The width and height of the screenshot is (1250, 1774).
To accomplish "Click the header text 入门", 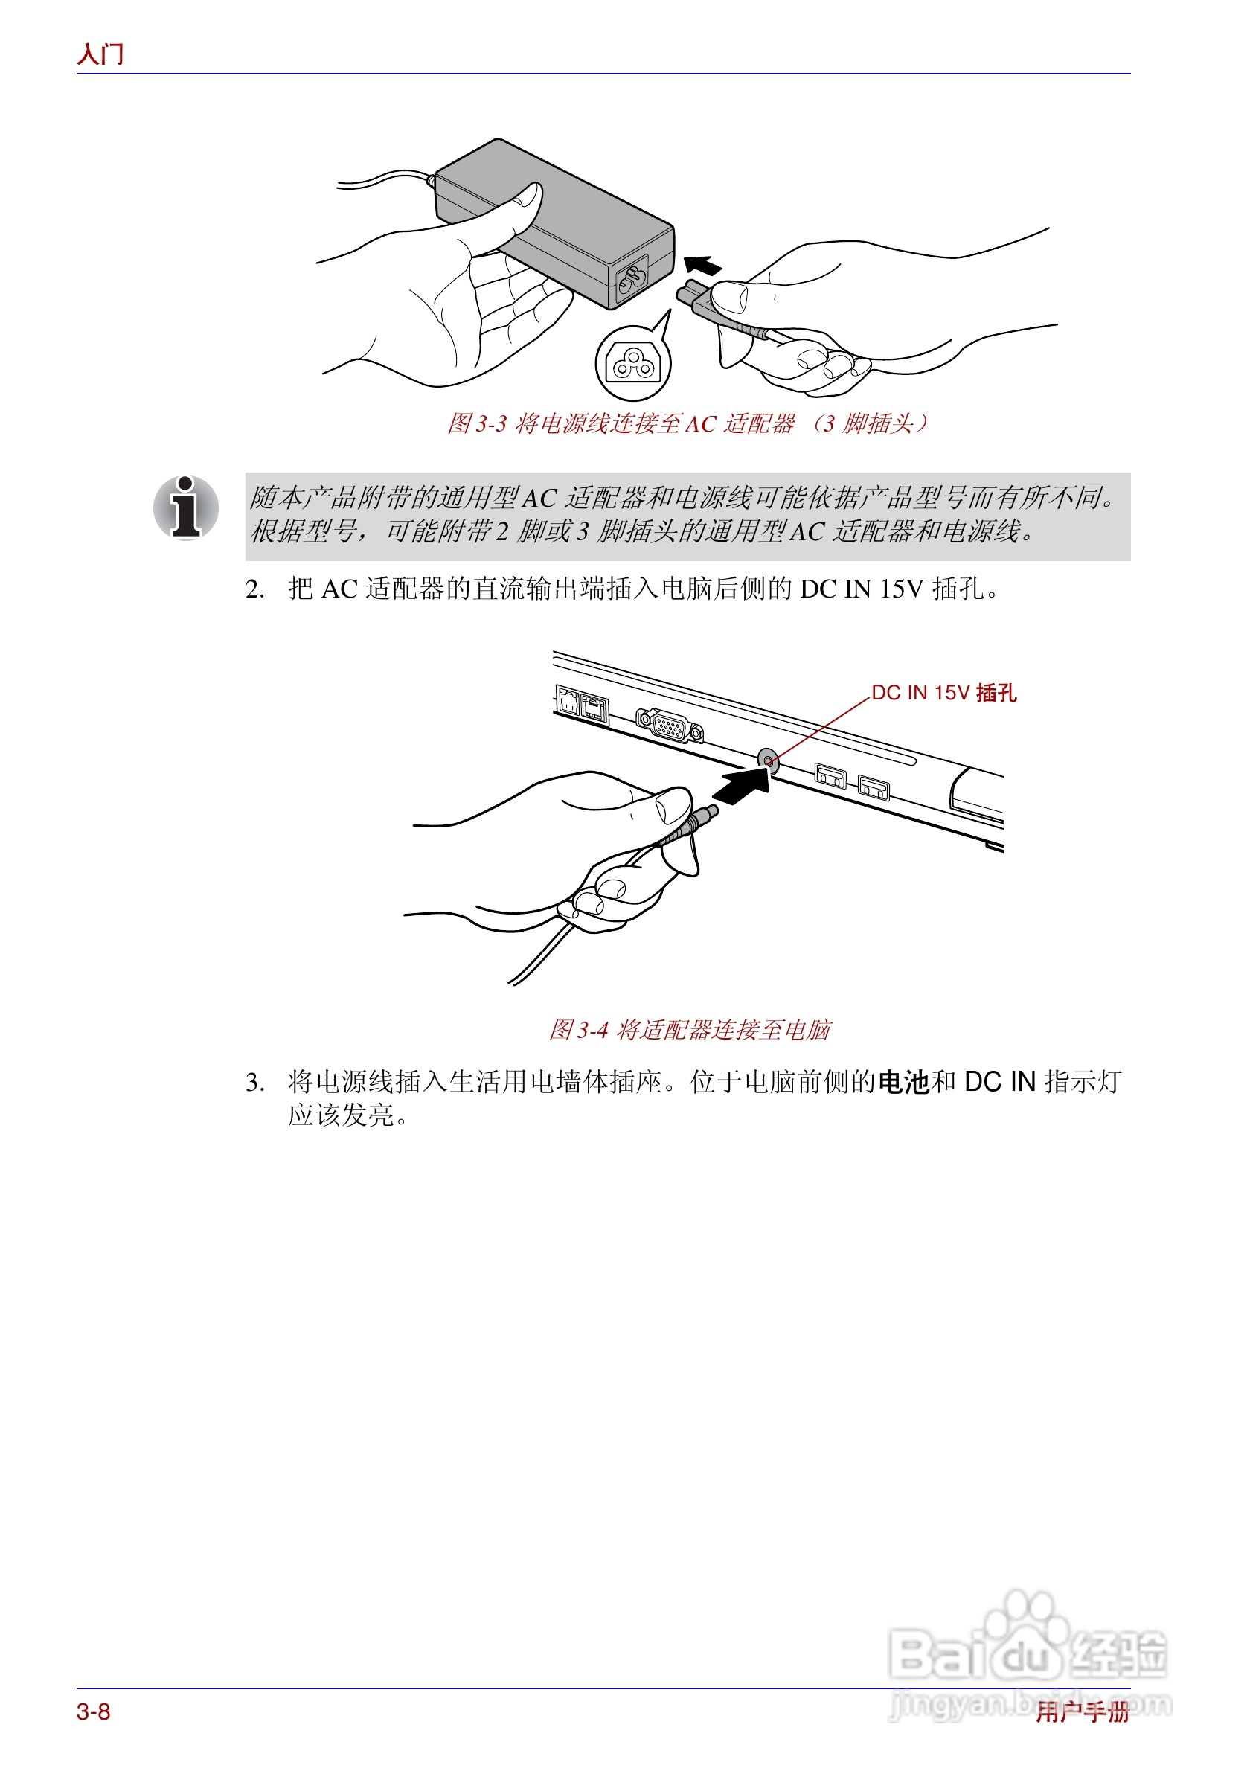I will pos(100,54).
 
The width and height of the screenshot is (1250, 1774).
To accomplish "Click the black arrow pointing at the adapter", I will pos(702,266).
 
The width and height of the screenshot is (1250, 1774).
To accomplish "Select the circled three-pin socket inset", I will pos(632,363).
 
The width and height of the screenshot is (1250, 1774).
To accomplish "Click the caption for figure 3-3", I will pos(687,423).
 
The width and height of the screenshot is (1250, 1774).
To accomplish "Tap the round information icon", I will pos(185,507).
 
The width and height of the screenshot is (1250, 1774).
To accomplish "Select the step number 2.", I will pos(254,589).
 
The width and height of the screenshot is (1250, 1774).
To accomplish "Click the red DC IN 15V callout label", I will pos(943,693).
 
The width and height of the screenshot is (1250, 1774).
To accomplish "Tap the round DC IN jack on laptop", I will pos(767,761).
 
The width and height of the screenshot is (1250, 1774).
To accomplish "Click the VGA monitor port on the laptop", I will pos(669,726).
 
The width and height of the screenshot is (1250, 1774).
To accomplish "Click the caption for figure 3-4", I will pos(689,1030).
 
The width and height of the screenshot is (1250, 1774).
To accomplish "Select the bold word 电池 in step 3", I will pos(903,1083).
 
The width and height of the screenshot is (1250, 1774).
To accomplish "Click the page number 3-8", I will pos(94,1711).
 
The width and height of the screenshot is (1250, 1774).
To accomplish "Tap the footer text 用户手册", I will pos(1082,1712).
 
